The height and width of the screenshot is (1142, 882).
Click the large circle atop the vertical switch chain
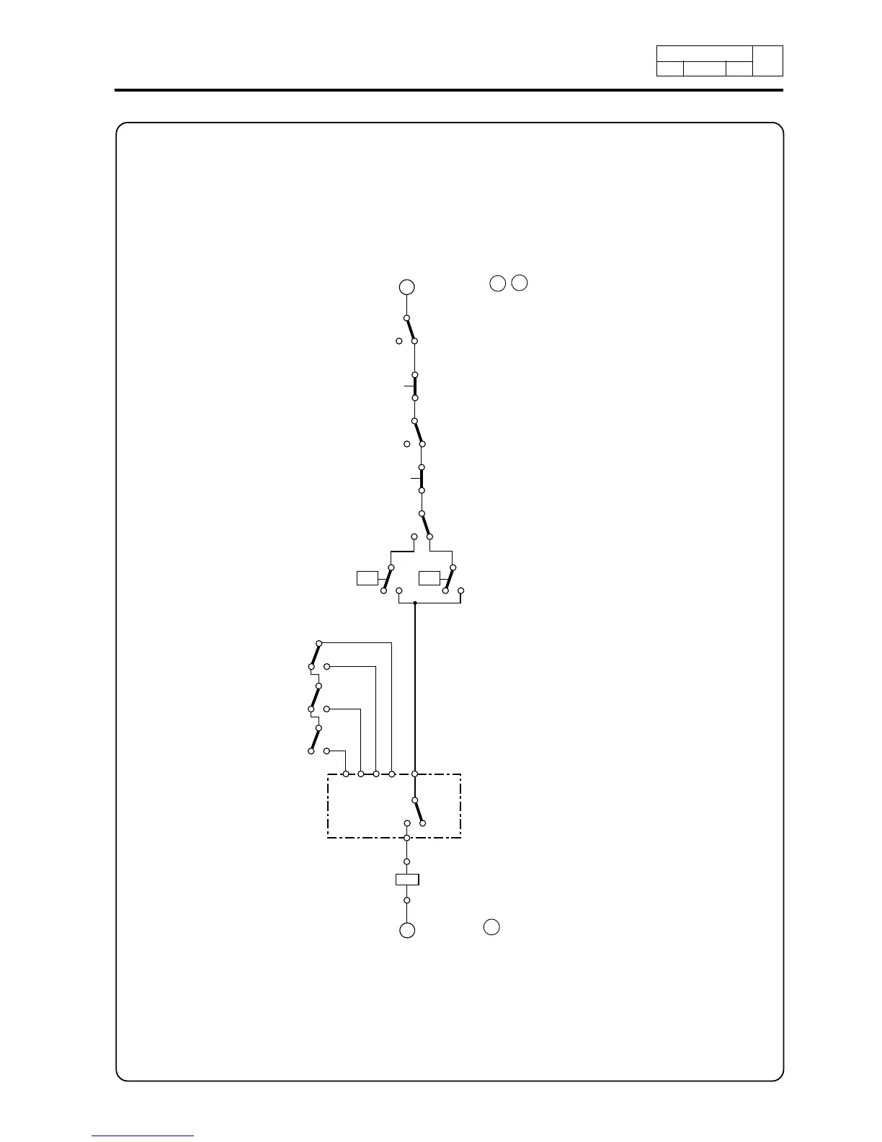406,287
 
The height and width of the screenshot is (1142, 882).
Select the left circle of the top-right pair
496,283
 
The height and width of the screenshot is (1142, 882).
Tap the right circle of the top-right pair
520,283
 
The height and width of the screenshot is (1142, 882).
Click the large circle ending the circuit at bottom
406,930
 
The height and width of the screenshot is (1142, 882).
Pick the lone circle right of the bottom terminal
491,927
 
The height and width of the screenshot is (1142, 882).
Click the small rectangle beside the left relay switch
367,577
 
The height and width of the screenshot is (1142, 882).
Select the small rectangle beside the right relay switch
429,577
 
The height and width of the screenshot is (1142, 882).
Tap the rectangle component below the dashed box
407,880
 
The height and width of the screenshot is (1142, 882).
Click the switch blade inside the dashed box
419,811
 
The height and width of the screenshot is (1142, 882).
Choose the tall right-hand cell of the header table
767,61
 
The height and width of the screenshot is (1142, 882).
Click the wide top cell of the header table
704,53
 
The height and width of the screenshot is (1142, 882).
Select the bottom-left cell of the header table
669,68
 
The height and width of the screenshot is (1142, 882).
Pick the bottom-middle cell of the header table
704,68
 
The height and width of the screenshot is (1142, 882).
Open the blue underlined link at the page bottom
143,1136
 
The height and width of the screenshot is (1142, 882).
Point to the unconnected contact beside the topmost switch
398,341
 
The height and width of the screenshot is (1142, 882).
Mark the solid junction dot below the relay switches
414,603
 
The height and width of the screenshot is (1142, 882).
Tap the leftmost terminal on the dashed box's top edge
346,774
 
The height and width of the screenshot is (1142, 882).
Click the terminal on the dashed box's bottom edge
406,838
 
